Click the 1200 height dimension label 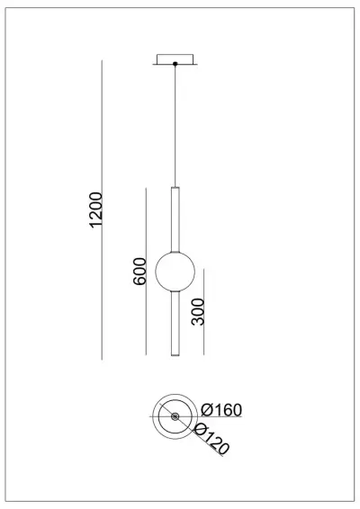[96, 209]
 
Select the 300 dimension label [198, 311]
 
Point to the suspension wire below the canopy [174, 126]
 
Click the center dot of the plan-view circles [174, 415]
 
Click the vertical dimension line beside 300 [205, 311]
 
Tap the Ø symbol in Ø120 [200, 430]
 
